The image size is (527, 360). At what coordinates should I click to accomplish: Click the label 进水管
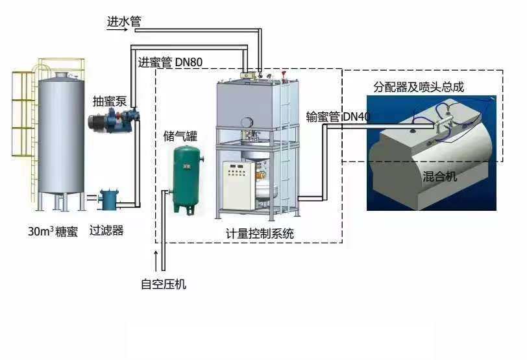coord(123,21)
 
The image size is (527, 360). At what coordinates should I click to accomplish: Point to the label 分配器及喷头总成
coord(418,86)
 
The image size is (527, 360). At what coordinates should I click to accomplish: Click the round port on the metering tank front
coord(247,121)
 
